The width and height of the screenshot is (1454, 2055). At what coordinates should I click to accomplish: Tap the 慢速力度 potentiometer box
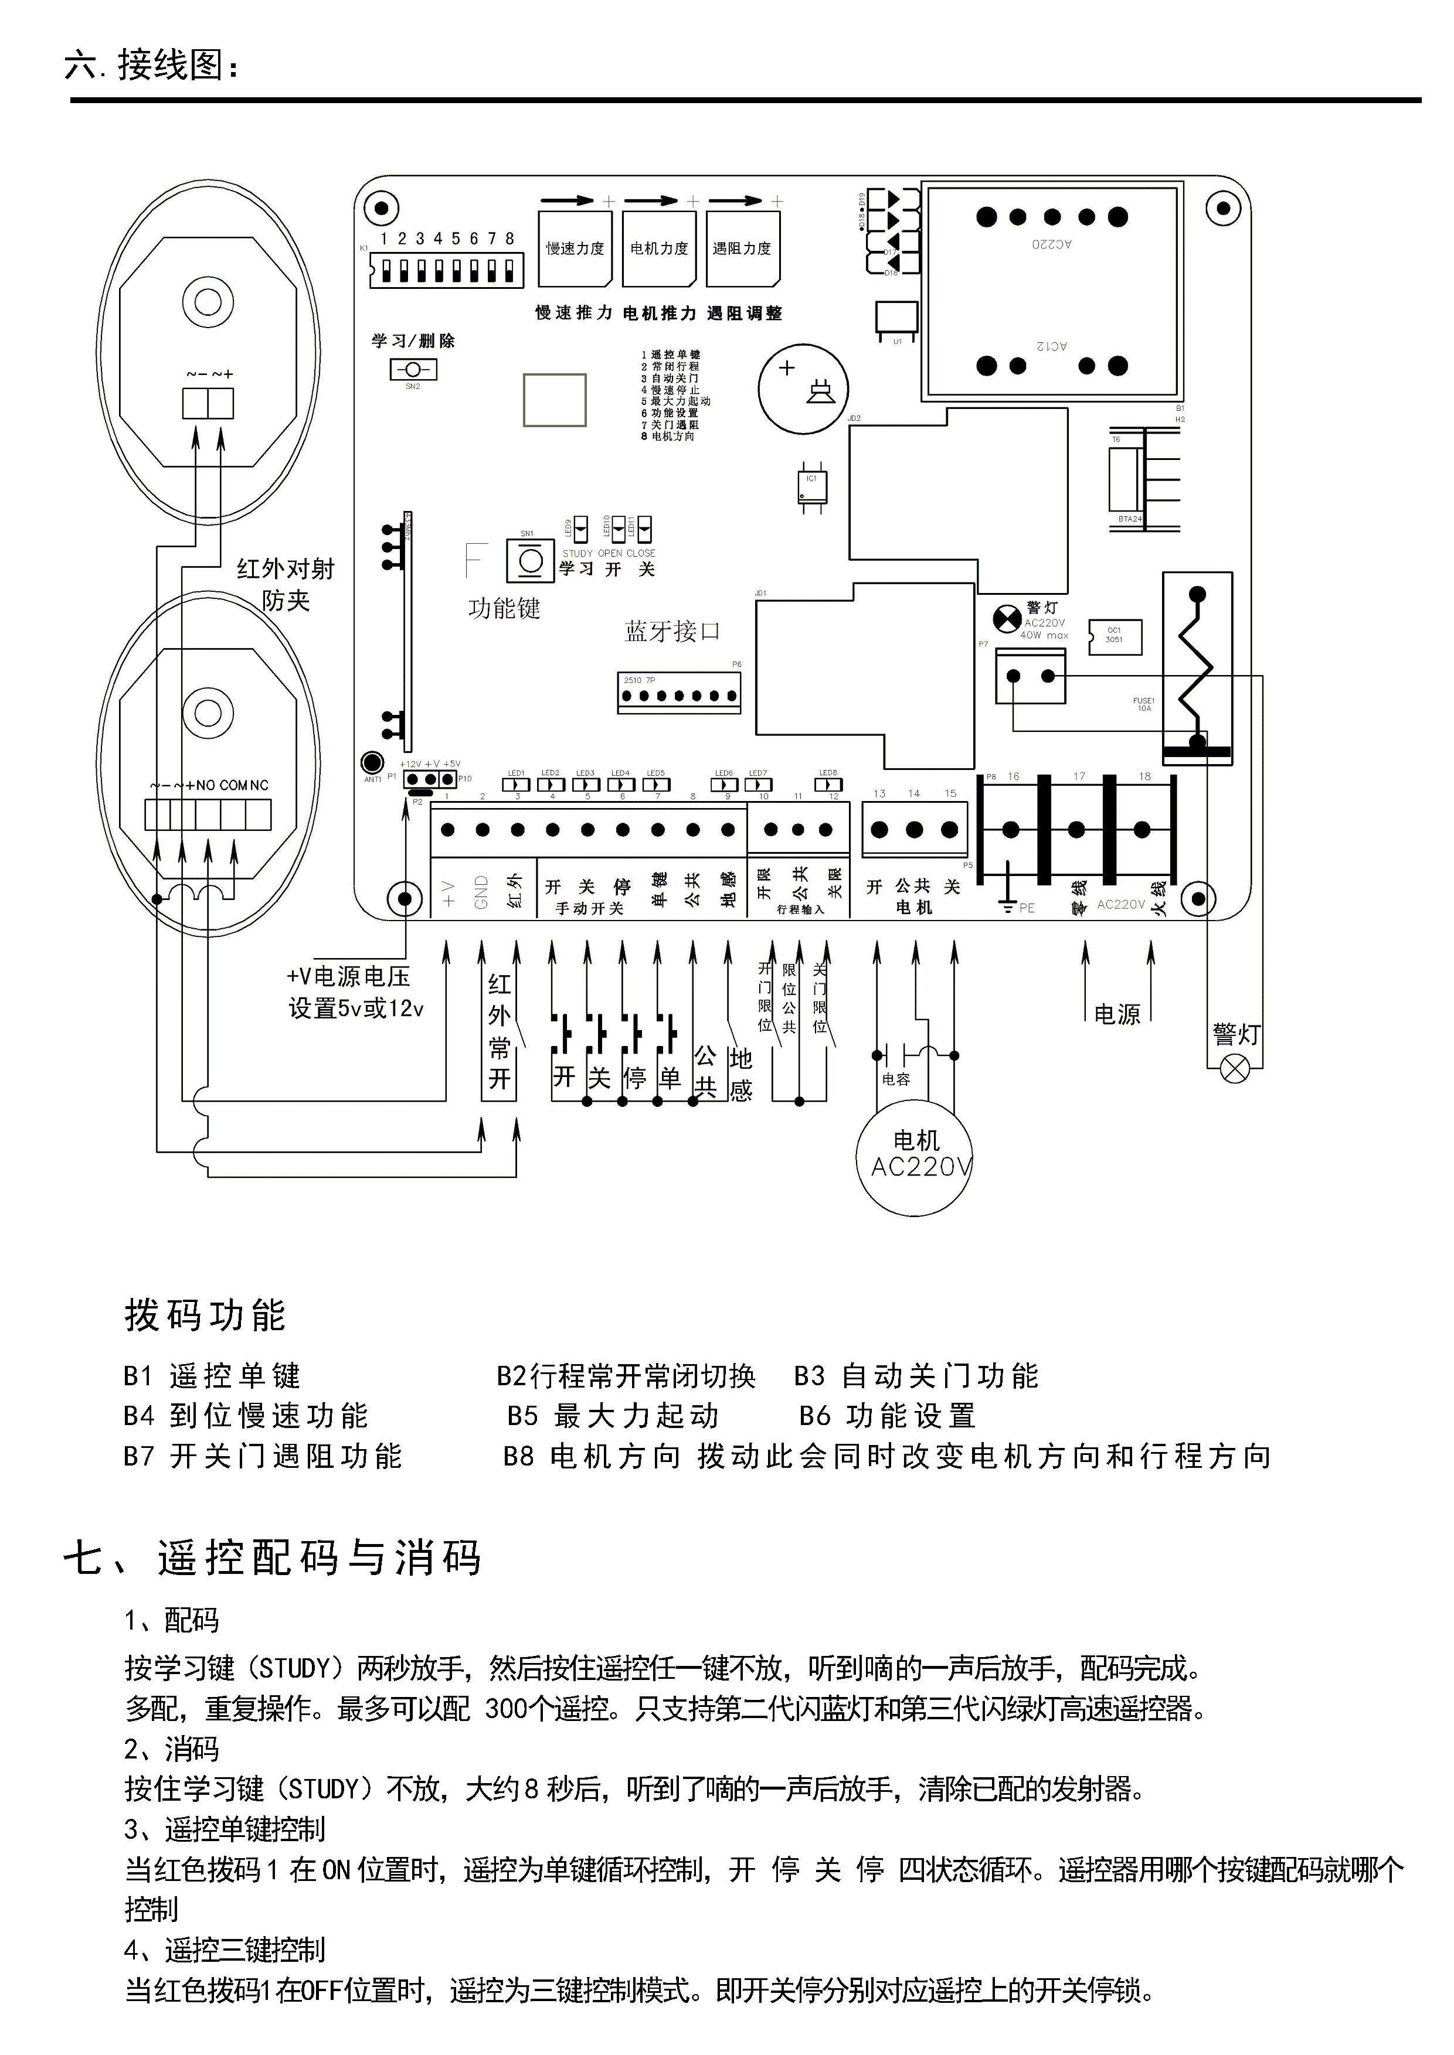[575, 248]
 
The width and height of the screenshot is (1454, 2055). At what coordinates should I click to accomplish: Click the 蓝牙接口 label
[671, 631]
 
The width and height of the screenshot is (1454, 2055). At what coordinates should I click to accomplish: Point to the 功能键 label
[504, 609]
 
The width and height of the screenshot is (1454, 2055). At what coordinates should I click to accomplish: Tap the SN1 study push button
[530, 561]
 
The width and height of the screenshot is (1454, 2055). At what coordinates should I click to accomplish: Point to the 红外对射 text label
[285, 568]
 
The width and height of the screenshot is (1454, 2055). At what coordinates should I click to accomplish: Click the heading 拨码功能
[205, 1315]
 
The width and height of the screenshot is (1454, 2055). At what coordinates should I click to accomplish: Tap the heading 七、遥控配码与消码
[273, 1558]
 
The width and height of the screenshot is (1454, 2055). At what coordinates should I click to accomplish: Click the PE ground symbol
[1009, 906]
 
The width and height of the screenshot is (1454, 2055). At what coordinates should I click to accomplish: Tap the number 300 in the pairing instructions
[506, 1709]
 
